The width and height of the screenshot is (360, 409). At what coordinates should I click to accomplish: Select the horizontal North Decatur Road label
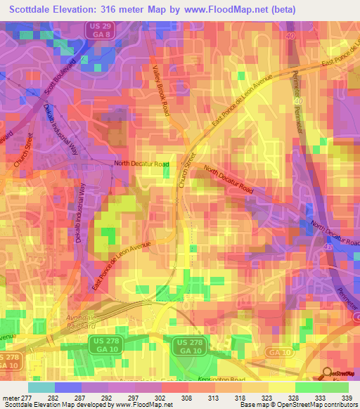pos(142,164)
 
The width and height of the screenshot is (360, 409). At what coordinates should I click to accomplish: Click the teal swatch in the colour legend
pos(41,387)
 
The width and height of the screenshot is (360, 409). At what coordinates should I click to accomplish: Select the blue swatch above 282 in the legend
pos(67,387)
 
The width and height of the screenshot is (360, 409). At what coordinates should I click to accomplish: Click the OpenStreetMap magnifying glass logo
pos(327,374)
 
